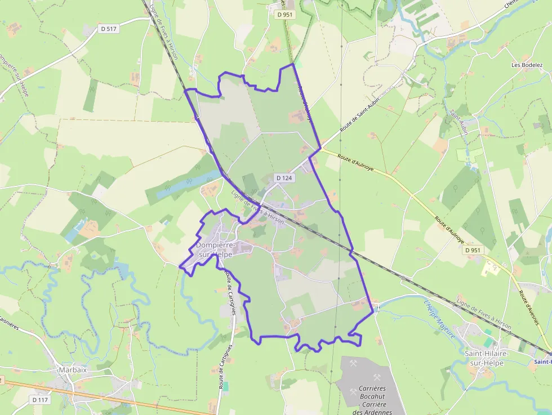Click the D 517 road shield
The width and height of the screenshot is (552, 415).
pos(110,29)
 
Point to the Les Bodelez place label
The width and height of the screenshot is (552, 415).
pos(523,65)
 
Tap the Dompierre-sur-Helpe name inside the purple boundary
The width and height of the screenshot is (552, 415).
pos(214,250)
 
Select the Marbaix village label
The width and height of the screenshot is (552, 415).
pos(73,370)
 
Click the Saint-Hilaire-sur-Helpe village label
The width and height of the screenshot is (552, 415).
pos(488,358)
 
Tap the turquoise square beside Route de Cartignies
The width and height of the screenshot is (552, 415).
pos(226,386)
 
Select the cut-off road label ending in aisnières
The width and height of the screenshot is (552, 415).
pos(10,323)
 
